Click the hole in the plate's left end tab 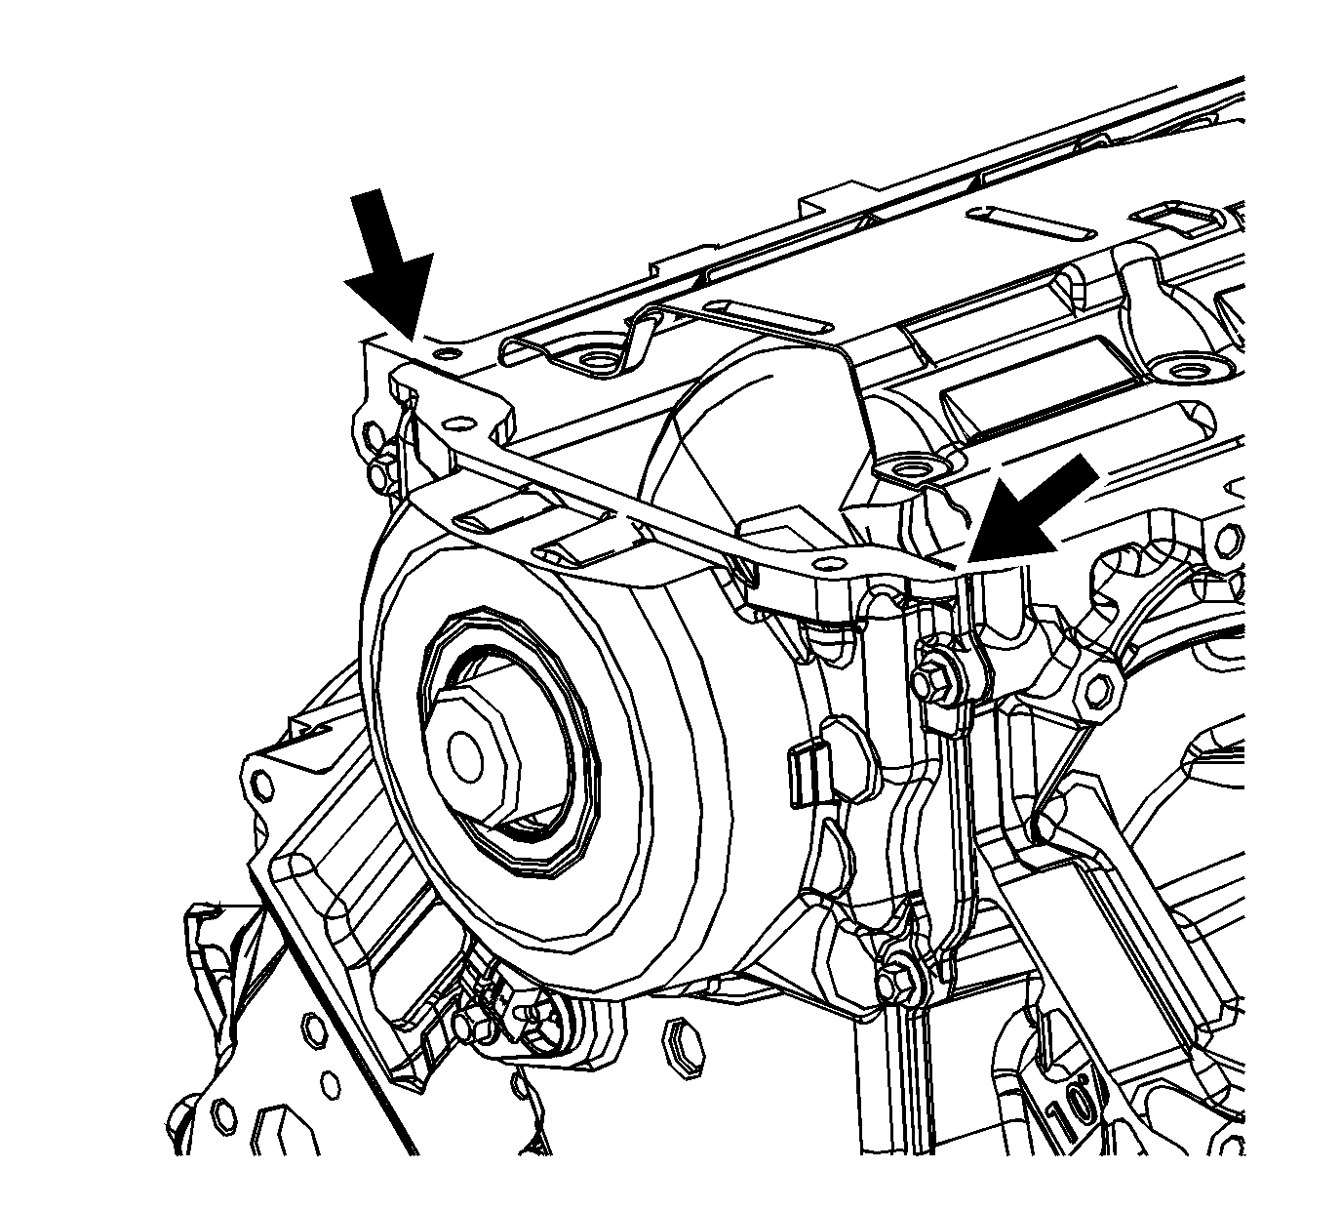pyautogui.click(x=458, y=424)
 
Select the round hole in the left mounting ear pyautogui.click(x=261, y=787)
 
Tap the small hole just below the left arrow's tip pyautogui.click(x=447, y=352)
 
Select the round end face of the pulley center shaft pyautogui.click(x=465, y=750)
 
